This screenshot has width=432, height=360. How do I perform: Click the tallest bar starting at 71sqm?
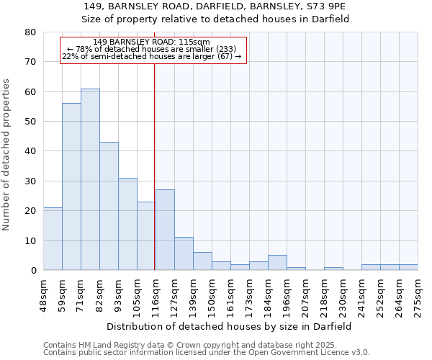[90, 180]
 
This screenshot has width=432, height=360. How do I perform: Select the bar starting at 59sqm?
[71, 187]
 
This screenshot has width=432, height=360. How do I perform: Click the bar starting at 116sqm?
[165, 230]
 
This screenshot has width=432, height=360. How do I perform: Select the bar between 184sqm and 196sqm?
[277, 263]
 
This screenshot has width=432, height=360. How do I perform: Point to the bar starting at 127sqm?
[184, 254]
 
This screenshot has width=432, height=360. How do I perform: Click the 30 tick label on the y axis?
[30, 181]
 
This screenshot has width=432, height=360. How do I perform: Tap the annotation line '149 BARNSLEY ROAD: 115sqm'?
[152, 42]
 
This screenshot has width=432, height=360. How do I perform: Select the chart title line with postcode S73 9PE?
[215, 6]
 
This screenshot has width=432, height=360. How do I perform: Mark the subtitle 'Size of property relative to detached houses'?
[215, 19]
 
